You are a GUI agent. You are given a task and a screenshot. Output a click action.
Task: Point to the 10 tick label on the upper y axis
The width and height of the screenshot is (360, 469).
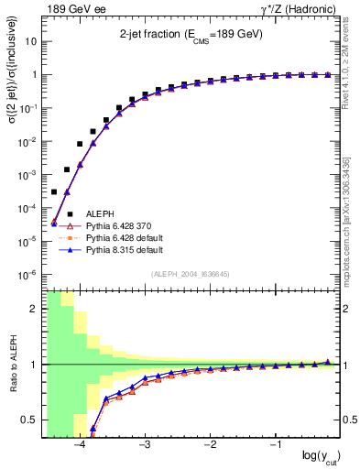[31, 42]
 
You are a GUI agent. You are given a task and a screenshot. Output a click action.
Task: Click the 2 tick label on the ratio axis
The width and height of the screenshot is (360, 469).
[34, 309]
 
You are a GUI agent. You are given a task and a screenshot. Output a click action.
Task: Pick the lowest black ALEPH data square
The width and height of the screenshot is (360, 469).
[54, 192]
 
